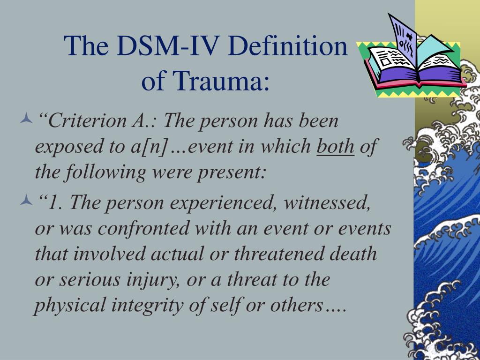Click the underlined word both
click(x=336, y=146)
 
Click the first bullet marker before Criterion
click(x=26, y=118)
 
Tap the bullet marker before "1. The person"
click(x=26, y=200)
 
